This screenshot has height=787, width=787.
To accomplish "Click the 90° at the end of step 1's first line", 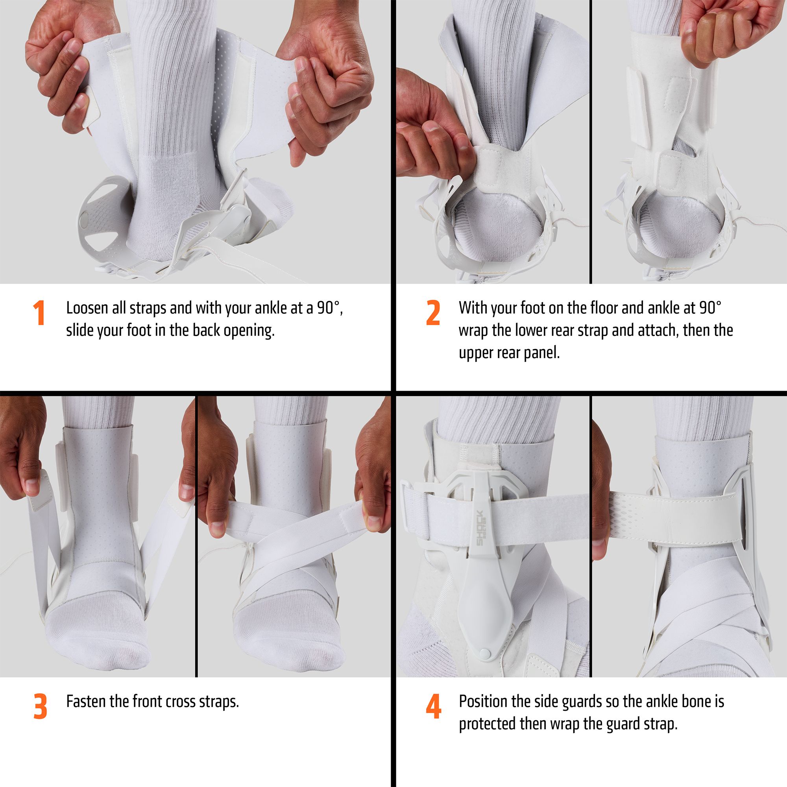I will (331, 309).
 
